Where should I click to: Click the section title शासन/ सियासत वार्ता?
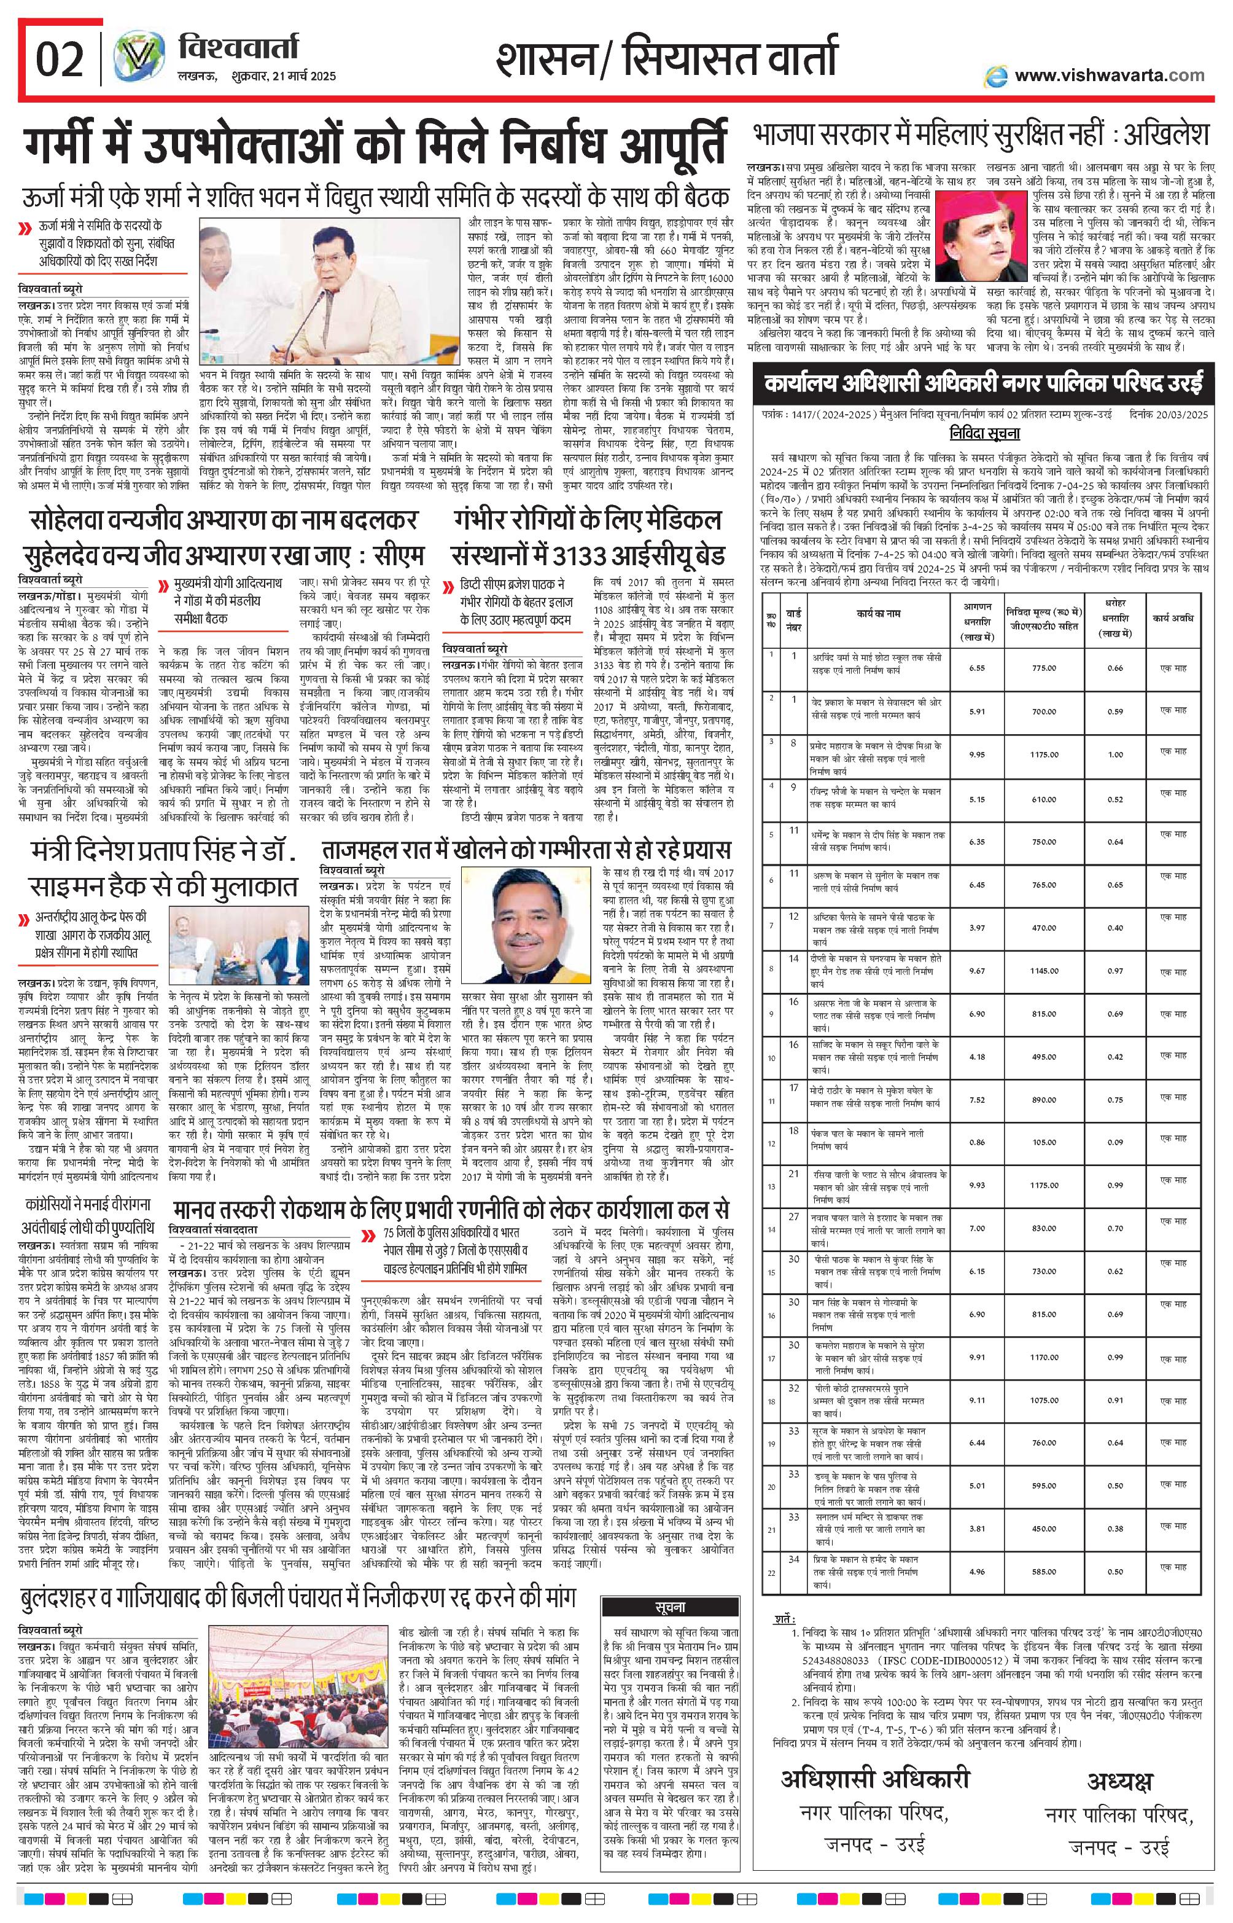(666, 58)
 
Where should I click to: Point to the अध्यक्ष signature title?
(1119, 1753)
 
